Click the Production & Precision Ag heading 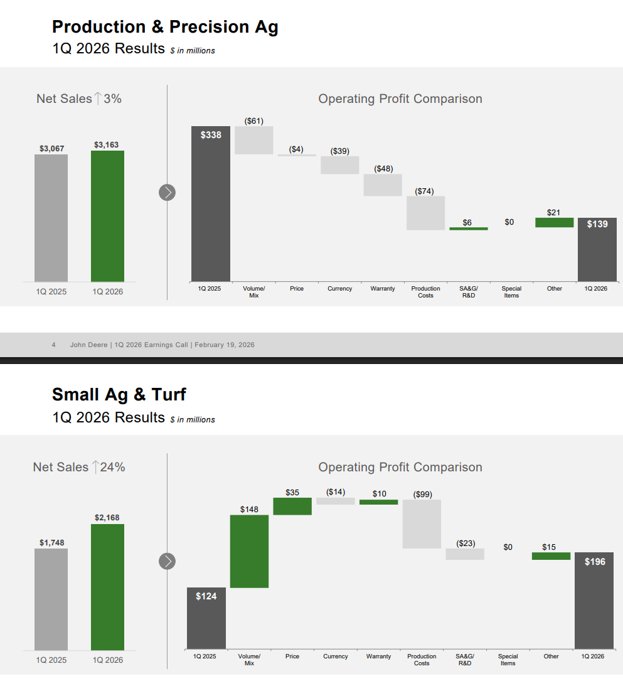tap(165, 27)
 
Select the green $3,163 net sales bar tap(107, 216)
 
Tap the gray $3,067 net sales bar tap(51, 218)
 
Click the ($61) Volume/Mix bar tap(254, 140)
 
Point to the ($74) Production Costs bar tap(425, 213)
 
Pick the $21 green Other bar tap(554, 222)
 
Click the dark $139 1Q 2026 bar tap(597, 249)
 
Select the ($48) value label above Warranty tap(383, 168)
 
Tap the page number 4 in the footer tap(54, 345)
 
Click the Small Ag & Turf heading tap(119, 395)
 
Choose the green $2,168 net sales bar tap(107, 587)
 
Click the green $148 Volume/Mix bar tap(249, 551)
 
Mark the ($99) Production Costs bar tap(422, 524)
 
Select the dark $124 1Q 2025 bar tap(206, 618)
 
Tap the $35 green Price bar tap(292, 506)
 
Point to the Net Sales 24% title tap(79, 467)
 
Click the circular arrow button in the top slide tap(167, 193)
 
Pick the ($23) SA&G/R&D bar tap(465, 554)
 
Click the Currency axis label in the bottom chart tap(336, 657)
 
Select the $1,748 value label tap(51, 542)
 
